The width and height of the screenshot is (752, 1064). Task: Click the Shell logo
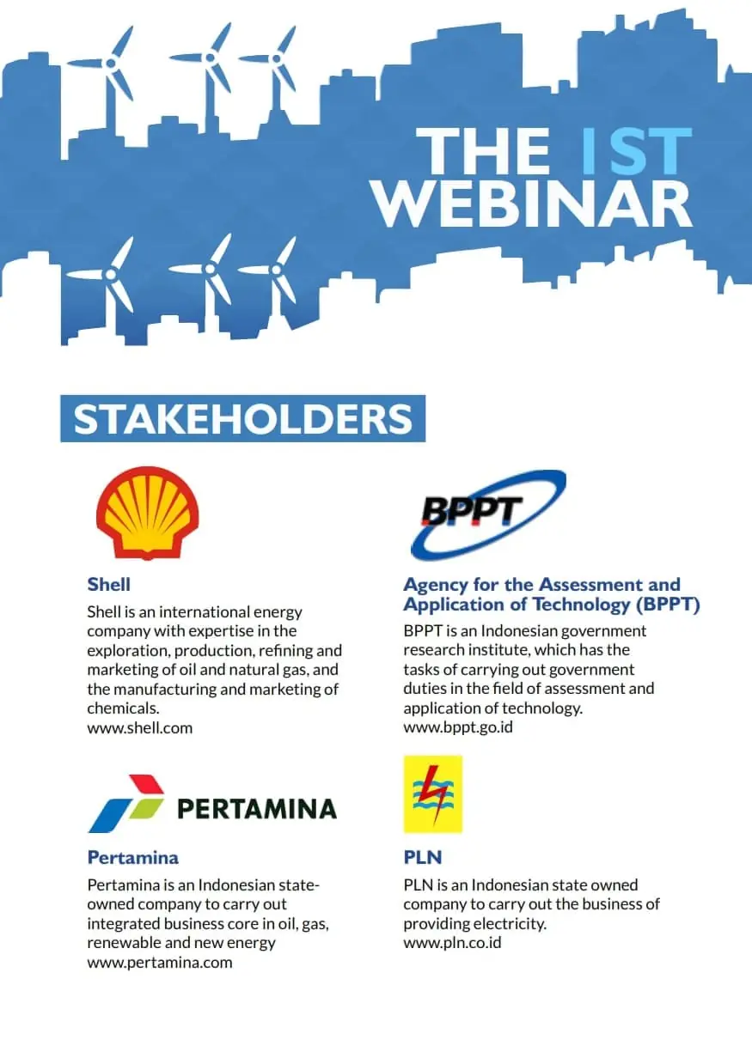tap(147, 513)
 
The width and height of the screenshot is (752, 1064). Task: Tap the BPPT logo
tap(488, 514)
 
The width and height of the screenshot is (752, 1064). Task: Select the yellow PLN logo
tap(433, 794)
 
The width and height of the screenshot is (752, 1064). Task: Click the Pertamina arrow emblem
tap(126, 803)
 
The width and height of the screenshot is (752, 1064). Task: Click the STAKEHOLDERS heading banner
tap(243, 418)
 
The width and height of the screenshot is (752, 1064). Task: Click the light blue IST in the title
tap(637, 151)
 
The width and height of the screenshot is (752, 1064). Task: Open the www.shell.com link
tap(140, 728)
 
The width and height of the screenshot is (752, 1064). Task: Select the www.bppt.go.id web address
tap(458, 727)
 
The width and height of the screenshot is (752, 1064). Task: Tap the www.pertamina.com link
tap(160, 963)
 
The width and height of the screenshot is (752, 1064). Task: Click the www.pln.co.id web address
tap(453, 942)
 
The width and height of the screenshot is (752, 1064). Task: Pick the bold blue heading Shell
tap(109, 584)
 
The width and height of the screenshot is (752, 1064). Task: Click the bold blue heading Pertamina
tap(133, 857)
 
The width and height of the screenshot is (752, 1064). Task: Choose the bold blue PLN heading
tap(423, 857)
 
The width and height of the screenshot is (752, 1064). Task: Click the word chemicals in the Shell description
tap(123, 708)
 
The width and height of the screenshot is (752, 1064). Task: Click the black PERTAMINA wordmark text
tap(257, 808)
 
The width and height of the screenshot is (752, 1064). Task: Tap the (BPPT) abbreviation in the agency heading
tap(668, 605)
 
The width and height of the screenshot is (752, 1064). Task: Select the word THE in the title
tap(483, 151)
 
